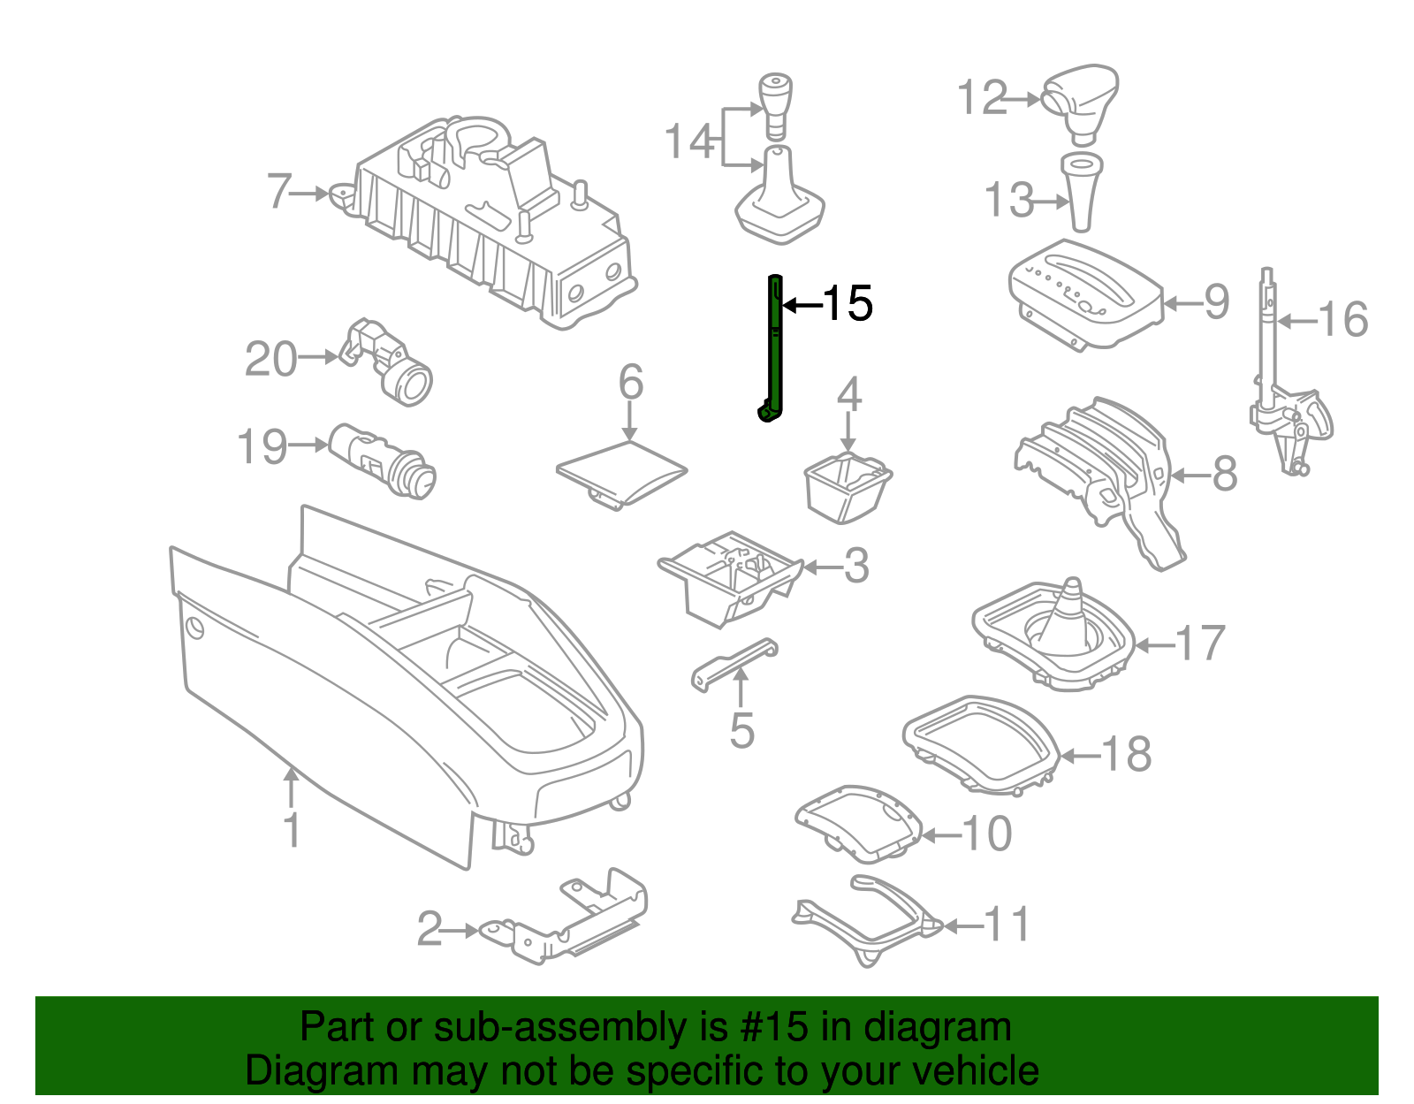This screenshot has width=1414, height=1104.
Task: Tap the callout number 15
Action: pyautogui.click(x=848, y=304)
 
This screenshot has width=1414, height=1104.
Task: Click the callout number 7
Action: pyautogui.click(x=279, y=191)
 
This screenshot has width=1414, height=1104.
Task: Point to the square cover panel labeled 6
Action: pyautogui.click(x=621, y=473)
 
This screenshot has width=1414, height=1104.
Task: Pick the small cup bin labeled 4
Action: pyautogui.click(x=847, y=486)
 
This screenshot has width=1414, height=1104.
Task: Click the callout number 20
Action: pyautogui.click(x=270, y=360)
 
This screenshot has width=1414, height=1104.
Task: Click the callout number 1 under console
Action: pyautogui.click(x=292, y=831)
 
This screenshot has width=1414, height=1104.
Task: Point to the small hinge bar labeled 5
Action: pyautogui.click(x=734, y=663)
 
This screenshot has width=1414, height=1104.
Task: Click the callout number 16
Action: pyautogui.click(x=1343, y=319)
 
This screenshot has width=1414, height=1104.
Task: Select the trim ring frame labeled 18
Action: pyautogui.click(x=981, y=742)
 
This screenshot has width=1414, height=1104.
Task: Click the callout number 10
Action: pyautogui.click(x=986, y=834)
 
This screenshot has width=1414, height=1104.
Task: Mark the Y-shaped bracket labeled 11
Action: pyautogui.click(x=870, y=924)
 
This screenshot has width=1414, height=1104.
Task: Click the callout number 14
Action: pyautogui.click(x=689, y=141)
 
